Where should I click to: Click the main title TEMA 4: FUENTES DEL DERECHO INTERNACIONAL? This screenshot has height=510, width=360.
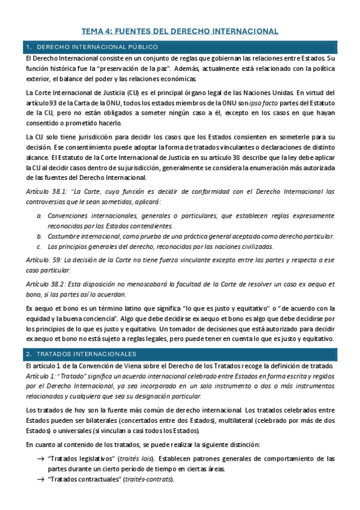[180, 31]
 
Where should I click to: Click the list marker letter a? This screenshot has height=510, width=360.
[39, 215]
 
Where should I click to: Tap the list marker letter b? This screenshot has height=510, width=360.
[39, 236]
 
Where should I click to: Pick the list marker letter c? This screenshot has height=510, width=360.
[39, 247]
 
